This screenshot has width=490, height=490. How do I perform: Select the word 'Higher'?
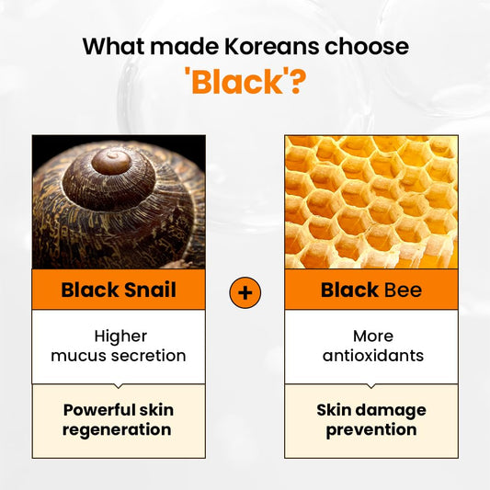click(x=119, y=336)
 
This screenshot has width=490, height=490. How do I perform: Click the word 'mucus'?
click(x=83, y=356)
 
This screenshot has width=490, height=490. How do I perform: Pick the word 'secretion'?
click(x=148, y=356)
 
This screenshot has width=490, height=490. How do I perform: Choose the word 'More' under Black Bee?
click(x=371, y=336)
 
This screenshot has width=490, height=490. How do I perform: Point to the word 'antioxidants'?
click(x=371, y=356)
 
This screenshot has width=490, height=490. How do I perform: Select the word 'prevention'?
click(x=371, y=429)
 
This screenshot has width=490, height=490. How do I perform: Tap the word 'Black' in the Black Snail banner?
click(x=90, y=291)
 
